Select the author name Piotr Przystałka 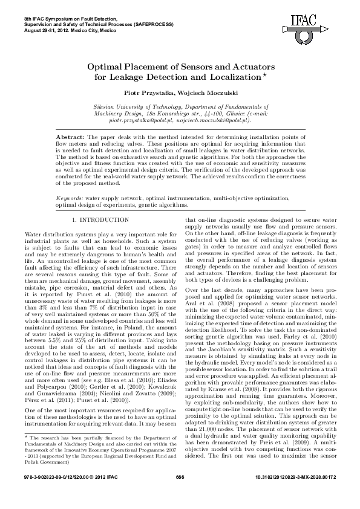[x=148, y=92]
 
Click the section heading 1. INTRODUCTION [x=100, y=220]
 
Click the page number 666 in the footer [x=179, y=495]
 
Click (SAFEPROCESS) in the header [x=154, y=23]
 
